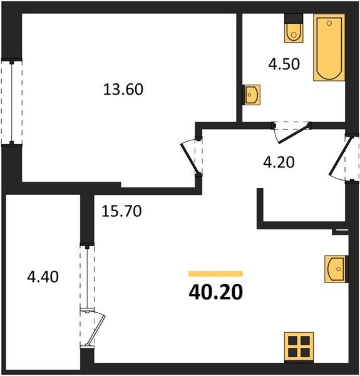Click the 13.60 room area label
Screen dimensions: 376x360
tap(123, 90)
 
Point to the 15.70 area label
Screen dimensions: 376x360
tap(121, 211)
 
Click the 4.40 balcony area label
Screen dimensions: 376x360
tap(43, 276)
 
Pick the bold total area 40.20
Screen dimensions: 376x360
tap(215, 292)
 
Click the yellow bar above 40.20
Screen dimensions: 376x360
tap(215, 274)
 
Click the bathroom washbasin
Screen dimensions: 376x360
tap(252, 95)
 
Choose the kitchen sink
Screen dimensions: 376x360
tap(336, 269)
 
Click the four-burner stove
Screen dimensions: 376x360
tap(298, 347)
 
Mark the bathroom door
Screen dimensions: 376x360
tap(291, 128)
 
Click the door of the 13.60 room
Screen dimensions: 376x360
tap(190, 157)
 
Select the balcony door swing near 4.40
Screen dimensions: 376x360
tap(94, 326)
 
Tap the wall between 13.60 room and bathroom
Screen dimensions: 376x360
tap(239, 63)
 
